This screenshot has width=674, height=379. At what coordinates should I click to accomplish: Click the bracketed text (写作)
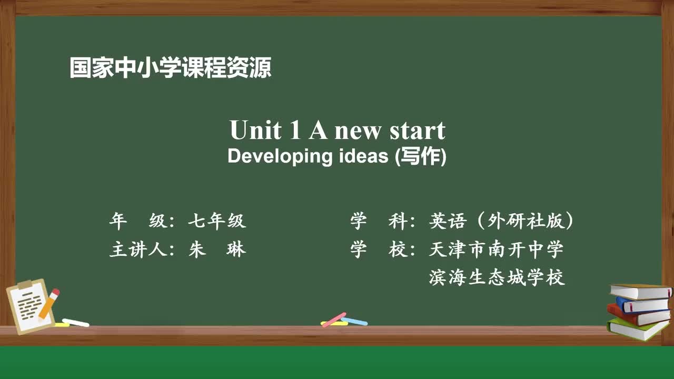click(x=421, y=156)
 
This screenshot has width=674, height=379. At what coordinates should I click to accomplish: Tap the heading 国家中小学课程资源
click(x=171, y=68)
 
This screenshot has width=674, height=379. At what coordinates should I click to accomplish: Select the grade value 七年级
click(x=217, y=222)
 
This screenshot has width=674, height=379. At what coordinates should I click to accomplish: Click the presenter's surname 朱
click(x=197, y=249)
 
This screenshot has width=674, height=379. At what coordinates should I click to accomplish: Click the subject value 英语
click(x=448, y=222)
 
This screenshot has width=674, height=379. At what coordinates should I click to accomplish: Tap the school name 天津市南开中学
click(x=496, y=249)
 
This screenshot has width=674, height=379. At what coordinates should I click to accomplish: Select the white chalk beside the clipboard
click(x=75, y=322)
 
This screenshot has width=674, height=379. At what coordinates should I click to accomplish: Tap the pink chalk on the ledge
click(x=334, y=319)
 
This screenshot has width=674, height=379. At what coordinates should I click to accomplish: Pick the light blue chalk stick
click(x=354, y=321)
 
